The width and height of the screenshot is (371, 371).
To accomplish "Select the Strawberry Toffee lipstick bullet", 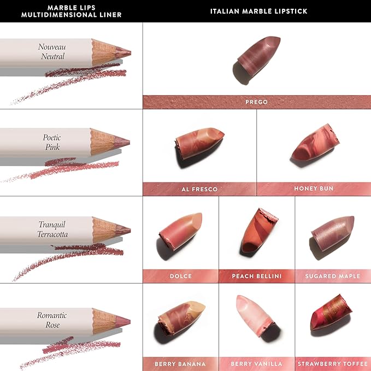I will click(x=331, y=314).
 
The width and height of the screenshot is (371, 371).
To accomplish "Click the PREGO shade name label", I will click(x=256, y=102).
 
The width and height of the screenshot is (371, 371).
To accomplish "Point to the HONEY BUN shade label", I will click(x=314, y=189).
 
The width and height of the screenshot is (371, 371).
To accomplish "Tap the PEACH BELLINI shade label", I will click(x=257, y=276).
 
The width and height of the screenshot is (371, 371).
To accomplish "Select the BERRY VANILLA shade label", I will click(x=257, y=363).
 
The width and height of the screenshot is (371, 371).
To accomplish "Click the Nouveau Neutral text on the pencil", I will click(x=51, y=51).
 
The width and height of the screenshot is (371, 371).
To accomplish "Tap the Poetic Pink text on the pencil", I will click(x=51, y=142).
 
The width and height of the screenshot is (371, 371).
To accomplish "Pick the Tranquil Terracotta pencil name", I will click(x=53, y=229).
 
